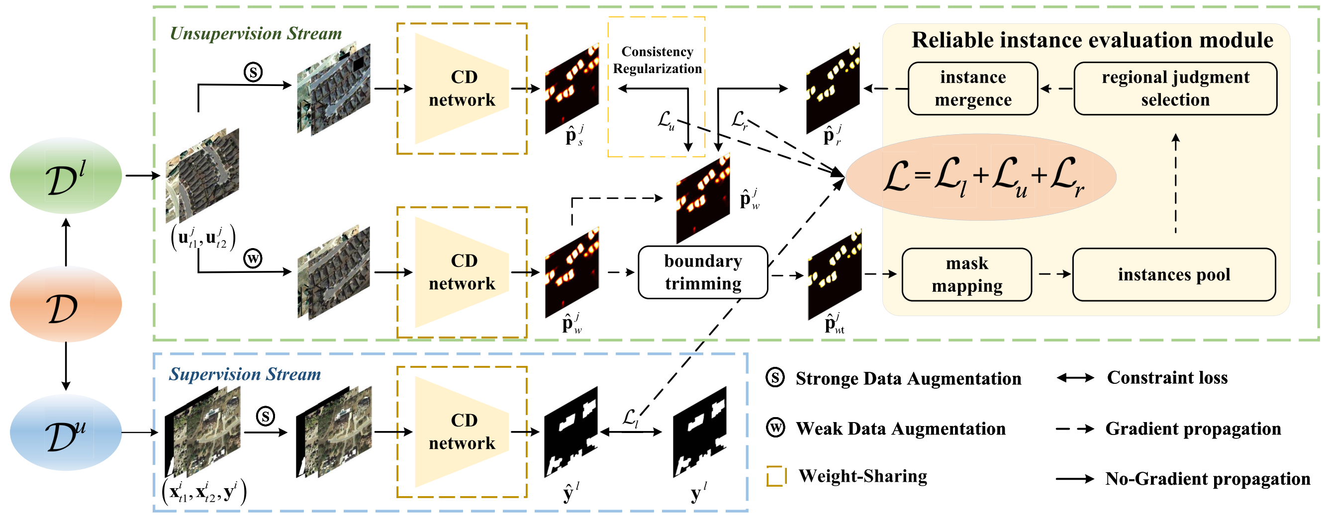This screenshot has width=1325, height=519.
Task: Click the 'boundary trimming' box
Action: tap(703, 272)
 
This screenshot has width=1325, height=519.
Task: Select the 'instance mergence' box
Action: tap(973, 88)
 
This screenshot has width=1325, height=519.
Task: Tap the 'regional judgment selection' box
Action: tap(1175, 88)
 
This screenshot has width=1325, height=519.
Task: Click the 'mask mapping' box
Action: tap(967, 274)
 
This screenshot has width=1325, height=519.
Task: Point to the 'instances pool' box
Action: tap(1174, 274)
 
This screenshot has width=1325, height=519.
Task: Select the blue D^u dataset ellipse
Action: tap(66, 432)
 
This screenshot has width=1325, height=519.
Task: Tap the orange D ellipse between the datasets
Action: tap(66, 304)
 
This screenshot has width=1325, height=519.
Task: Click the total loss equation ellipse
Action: tap(981, 177)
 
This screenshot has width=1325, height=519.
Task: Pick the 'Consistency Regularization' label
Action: tap(657, 60)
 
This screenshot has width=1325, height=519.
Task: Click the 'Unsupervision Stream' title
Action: tap(256, 33)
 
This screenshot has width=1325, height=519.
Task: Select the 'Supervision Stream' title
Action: tap(245, 374)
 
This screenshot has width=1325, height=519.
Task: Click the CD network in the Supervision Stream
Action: tap(462, 432)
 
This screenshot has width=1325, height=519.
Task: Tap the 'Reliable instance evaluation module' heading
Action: tap(1093, 40)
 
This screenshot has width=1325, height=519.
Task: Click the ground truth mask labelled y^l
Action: tap(700, 432)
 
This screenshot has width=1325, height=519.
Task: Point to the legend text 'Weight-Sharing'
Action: tap(862, 476)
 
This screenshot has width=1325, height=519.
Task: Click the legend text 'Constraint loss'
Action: tap(1167, 378)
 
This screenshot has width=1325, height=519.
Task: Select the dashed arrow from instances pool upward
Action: tap(1175, 183)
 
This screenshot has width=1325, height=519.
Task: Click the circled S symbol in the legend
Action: tap(774, 378)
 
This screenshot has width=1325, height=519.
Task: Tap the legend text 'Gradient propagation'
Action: tap(1193, 429)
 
